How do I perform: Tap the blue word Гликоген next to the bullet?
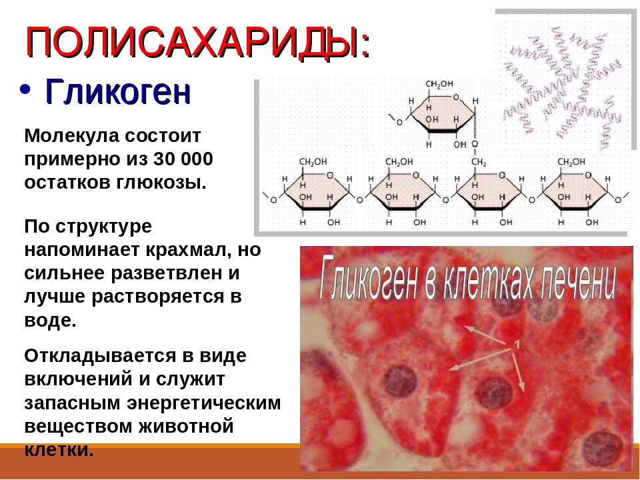point(118,91)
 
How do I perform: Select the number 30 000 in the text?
point(183,159)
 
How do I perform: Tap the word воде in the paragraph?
point(50,320)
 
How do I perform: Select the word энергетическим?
point(204,403)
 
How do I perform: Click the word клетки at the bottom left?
point(59,450)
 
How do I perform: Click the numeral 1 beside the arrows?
point(517,344)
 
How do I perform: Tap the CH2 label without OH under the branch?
point(479,162)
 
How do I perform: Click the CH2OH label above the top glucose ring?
point(439,84)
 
